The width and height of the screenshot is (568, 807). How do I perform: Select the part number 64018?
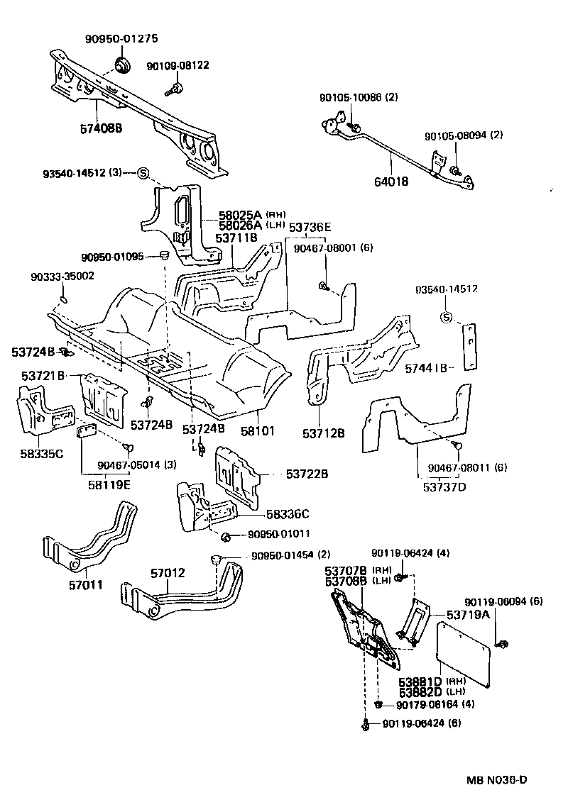[391, 181]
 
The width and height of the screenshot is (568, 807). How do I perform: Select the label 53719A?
[469, 614]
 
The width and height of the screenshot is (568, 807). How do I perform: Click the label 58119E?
[108, 485]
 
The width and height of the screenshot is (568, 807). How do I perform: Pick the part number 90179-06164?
[425, 704]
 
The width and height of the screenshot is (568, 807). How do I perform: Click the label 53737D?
[446, 486]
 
